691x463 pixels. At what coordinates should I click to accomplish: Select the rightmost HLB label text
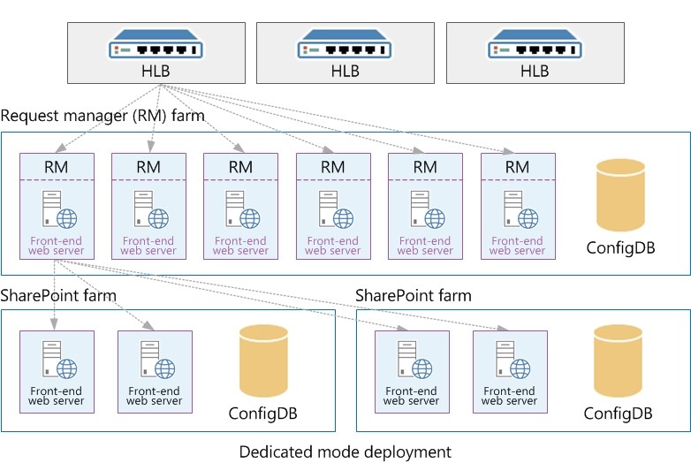[x=534, y=72]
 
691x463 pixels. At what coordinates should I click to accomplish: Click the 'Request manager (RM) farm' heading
[x=103, y=116]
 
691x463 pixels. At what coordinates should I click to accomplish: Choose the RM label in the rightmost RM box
[x=517, y=167]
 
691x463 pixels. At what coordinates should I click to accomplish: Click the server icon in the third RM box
[x=240, y=209]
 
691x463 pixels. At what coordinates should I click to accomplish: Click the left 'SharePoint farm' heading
[x=58, y=294]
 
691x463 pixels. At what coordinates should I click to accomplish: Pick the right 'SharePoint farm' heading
[x=414, y=294]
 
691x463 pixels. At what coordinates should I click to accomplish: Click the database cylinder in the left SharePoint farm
[x=263, y=361]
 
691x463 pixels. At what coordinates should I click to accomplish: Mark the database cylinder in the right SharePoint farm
[x=618, y=361]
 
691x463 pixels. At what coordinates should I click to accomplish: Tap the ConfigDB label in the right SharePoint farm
[x=618, y=413]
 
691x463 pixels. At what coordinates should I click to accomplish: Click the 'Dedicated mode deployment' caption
[x=345, y=452]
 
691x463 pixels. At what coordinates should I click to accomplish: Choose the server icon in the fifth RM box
[x=424, y=209]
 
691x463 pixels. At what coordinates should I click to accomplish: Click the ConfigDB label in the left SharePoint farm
[x=263, y=413]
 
